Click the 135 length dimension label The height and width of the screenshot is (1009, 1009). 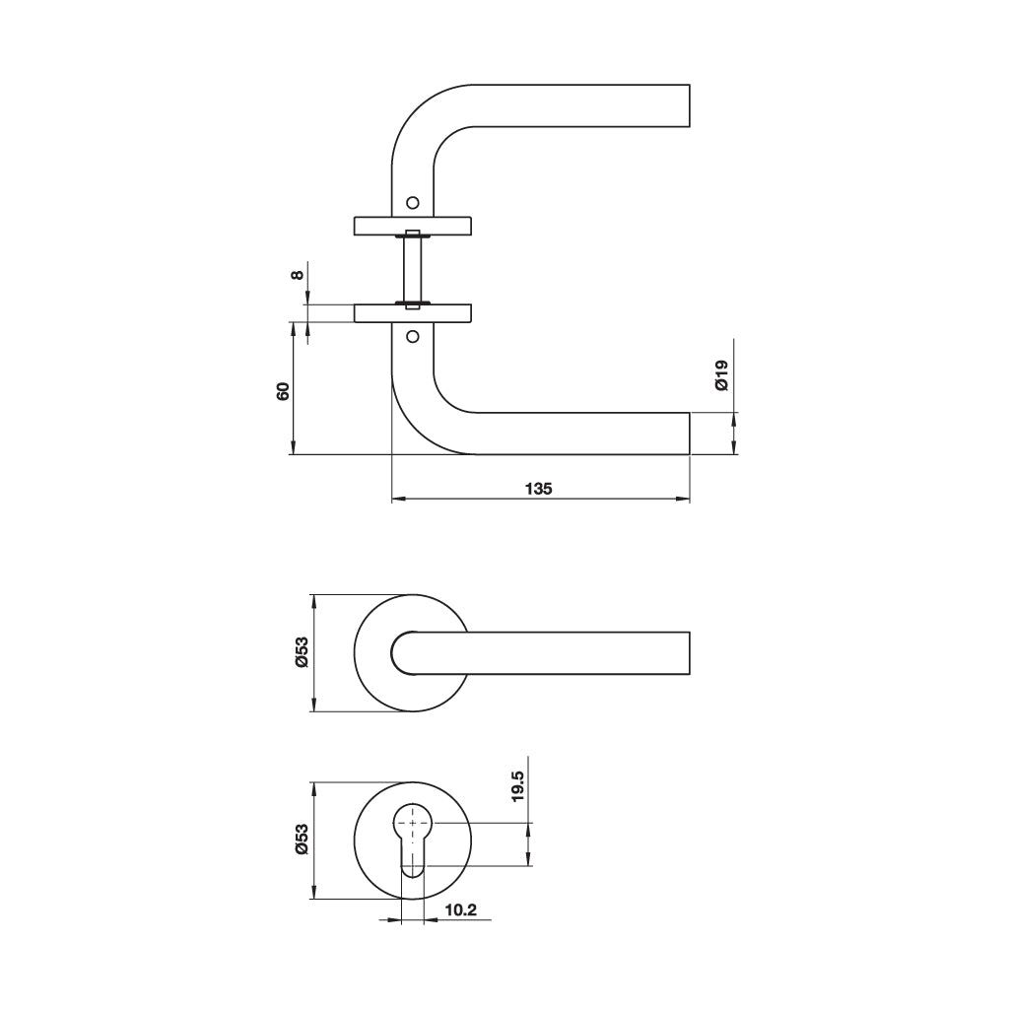pos(539,488)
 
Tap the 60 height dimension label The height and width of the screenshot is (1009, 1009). pos(283,389)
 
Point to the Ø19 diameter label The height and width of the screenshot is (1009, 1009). pos(720,375)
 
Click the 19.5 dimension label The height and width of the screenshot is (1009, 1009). pos(519,788)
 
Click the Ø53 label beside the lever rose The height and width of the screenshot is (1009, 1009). pos(302,652)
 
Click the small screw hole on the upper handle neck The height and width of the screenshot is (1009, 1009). pos(413,201)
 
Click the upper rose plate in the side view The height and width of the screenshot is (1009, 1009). pos(413,226)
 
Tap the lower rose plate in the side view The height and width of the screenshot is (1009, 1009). pos(413,313)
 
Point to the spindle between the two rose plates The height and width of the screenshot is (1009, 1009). pos(413,269)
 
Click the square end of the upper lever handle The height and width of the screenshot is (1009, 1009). pos(686,105)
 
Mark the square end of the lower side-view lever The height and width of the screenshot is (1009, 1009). pos(686,434)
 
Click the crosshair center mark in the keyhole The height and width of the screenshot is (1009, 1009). pos(413,822)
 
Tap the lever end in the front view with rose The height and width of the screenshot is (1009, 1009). pos(686,653)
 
